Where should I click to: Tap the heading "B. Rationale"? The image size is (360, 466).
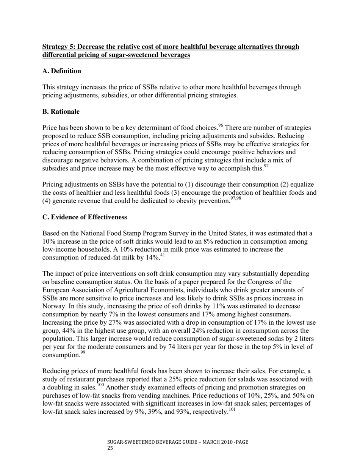[61, 112]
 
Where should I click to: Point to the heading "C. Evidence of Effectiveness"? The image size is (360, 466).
[85, 217]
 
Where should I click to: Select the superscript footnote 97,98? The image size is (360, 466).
[235, 199]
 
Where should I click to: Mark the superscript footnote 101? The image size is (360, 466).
[232, 410]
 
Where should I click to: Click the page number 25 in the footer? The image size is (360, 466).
[110, 448]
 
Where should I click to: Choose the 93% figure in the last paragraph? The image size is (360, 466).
[183, 412]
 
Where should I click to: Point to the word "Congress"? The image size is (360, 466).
[260, 282]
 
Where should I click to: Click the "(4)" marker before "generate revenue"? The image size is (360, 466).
[47, 201]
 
